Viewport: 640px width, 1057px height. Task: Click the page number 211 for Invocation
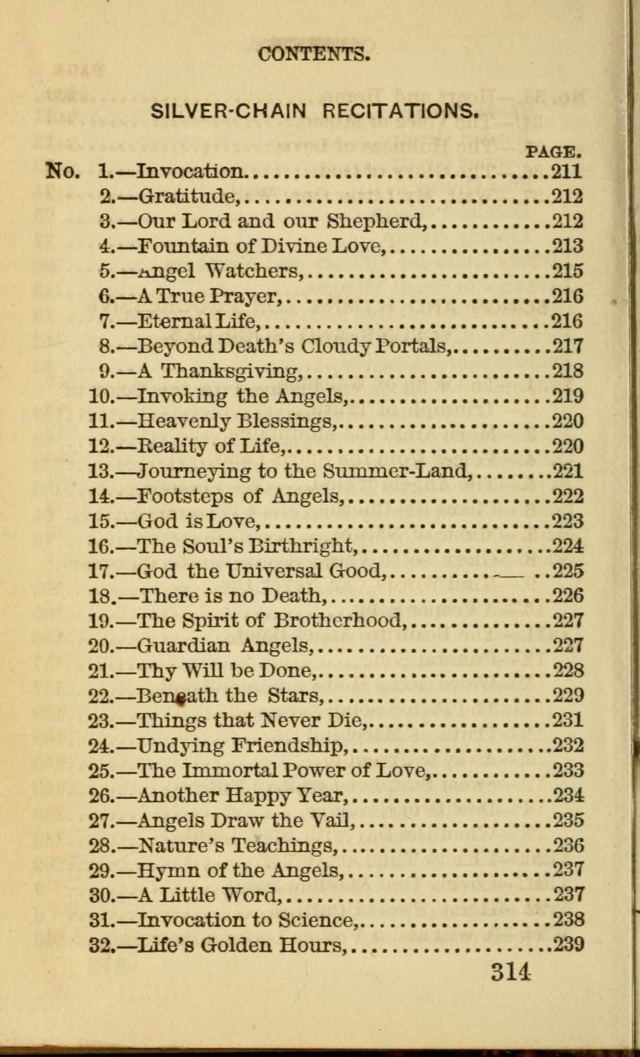pyautogui.click(x=567, y=171)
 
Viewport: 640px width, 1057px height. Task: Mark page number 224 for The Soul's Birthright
pyautogui.click(x=568, y=546)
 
